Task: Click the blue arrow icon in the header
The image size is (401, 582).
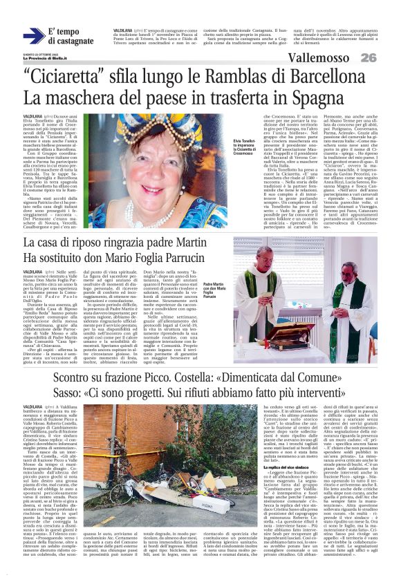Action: click(x=33, y=37)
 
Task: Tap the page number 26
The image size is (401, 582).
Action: click(x=368, y=58)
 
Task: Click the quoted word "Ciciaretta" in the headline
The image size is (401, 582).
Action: click(x=67, y=76)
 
